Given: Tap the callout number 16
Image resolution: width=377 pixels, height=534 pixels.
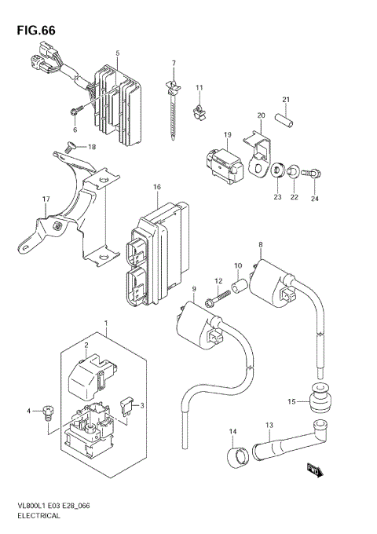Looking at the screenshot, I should (x=157, y=187).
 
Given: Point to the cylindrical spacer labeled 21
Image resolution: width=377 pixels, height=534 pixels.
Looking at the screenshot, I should (x=287, y=122).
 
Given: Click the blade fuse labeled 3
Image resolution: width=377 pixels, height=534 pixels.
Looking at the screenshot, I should (x=127, y=406).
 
